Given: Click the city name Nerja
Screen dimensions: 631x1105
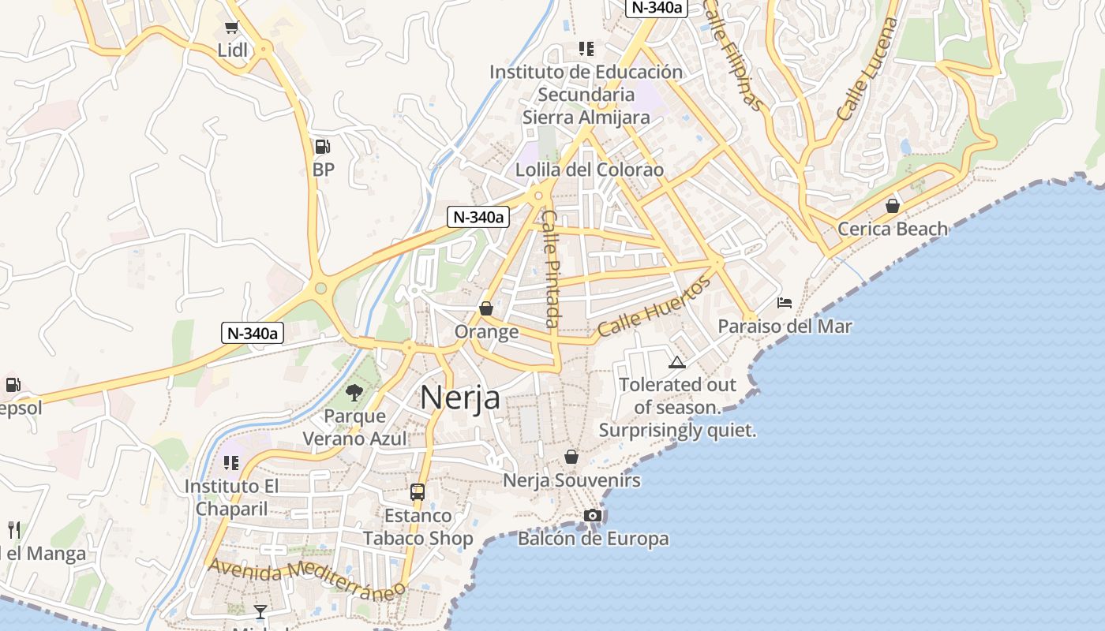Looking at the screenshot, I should click(x=459, y=397).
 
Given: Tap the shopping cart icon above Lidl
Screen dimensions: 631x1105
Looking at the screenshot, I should click(x=231, y=28).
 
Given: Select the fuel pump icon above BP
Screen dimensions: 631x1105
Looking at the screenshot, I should click(x=322, y=146).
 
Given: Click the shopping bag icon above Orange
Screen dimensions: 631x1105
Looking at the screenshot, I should click(x=486, y=308).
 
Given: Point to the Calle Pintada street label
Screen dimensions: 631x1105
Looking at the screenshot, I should click(x=551, y=268).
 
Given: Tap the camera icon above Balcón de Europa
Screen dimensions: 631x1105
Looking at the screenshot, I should click(x=593, y=516).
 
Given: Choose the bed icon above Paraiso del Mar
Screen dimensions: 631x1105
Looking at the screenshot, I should click(x=785, y=303).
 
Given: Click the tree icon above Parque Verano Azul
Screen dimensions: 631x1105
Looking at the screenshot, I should click(x=354, y=392).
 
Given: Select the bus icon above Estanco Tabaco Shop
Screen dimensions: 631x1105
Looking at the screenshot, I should click(x=418, y=492).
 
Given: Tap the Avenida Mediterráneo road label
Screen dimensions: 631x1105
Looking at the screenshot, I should click(x=306, y=577).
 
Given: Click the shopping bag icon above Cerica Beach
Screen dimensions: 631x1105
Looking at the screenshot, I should click(x=892, y=206).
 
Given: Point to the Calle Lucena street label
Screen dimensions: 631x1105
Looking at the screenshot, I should click(x=867, y=69).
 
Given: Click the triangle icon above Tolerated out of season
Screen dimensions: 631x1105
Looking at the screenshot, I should click(x=676, y=363).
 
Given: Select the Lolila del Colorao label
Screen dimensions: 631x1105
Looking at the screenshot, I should click(x=590, y=170).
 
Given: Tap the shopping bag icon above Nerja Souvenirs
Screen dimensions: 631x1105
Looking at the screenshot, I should click(x=571, y=457).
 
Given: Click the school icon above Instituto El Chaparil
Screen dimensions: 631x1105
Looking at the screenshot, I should click(x=231, y=463).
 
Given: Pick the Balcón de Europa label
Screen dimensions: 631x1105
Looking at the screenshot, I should click(x=593, y=539).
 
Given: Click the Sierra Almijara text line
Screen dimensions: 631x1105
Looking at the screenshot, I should click(x=586, y=118).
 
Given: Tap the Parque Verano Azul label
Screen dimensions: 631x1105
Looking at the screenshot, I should click(x=355, y=427).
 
